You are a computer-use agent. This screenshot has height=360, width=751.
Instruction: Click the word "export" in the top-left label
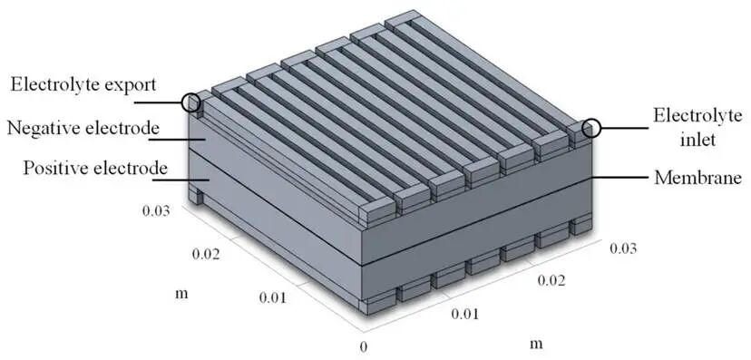click(x=126, y=84)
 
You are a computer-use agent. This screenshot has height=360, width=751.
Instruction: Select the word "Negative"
click(x=42, y=128)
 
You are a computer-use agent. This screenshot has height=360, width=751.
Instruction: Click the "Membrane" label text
click(x=697, y=178)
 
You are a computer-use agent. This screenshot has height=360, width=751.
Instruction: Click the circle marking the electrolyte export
click(x=191, y=102)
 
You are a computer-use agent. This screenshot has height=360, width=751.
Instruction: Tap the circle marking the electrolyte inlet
click(x=592, y=128)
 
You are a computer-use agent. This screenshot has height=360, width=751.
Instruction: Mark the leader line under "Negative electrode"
click(x=178, y=140)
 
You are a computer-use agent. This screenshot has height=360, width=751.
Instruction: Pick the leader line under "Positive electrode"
click(x=180, y=180)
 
